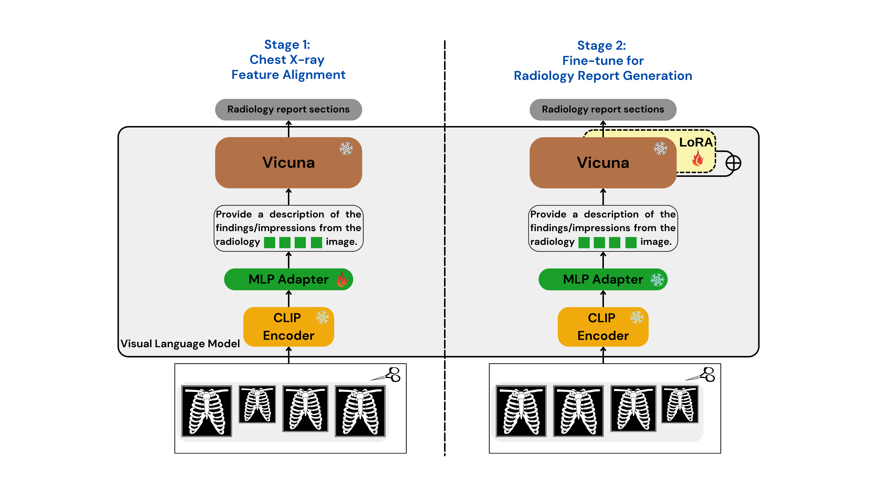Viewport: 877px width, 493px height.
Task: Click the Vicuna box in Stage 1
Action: tap(288, 163)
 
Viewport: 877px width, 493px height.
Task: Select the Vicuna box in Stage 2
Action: tap(603, 163)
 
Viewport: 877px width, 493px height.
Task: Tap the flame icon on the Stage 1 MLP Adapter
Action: tap(342, 279)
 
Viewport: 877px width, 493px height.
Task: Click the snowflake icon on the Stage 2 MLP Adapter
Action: tap(657, 280)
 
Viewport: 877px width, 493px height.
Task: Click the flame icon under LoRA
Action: tap(698, 158)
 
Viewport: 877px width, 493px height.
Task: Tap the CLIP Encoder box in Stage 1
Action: tap(288, 327)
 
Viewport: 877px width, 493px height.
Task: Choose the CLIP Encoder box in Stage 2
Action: tap(603, 327)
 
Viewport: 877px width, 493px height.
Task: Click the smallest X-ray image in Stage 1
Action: tap(257, 404)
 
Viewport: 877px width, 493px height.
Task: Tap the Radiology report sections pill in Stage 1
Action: tap(288, 110)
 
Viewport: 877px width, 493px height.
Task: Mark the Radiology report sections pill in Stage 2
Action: tap(603, 110)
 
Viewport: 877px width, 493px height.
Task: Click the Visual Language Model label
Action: tap(180, 344)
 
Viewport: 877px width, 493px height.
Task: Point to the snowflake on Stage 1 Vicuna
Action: tap(346, 148)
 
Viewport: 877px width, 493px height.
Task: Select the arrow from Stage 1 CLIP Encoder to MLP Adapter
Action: tap(289, 299)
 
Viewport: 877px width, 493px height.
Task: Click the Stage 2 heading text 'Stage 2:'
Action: tap(602, 46)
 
